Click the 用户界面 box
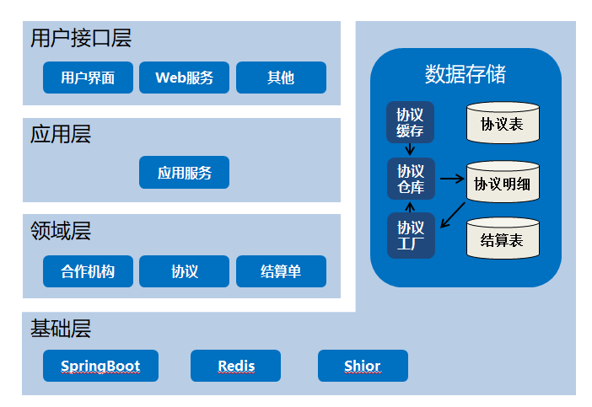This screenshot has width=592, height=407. tap(88, 78)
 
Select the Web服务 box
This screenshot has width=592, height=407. tap(184, 78)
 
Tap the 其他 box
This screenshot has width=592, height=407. tap(282, 78)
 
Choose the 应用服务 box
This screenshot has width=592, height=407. tap(184, 173)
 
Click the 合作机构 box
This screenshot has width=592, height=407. tap(88, 271)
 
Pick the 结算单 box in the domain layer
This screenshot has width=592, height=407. tap(282, 271)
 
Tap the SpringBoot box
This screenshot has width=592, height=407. tap(101, 366)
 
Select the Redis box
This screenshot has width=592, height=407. tap(235, 366)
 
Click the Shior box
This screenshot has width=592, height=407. tap(363, 366)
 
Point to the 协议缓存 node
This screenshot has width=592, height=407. tap(410, 122)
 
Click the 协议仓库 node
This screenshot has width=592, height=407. tap(412, 179)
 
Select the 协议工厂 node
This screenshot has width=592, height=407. tap(412, 235)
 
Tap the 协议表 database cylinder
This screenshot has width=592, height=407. tap(503, 122)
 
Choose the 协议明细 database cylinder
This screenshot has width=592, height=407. tap(503, 182)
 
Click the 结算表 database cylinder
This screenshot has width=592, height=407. tap(503, 238)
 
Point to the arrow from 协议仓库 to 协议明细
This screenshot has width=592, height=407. tap(452, 179)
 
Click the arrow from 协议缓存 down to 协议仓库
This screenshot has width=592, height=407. tap(410, 149)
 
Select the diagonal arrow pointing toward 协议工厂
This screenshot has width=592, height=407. tap(453, 215)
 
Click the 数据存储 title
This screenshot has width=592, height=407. tap(466, 74)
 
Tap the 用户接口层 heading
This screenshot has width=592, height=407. tap(81, 38)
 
